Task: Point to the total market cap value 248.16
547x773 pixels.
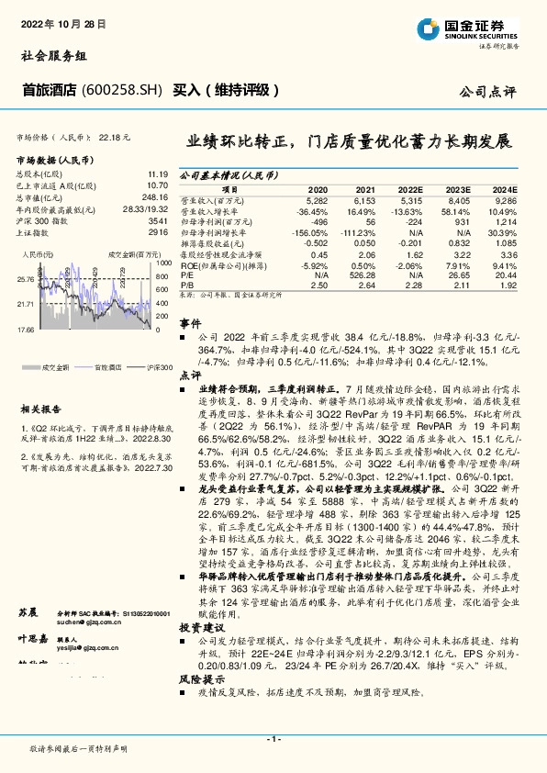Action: tap(152, 196)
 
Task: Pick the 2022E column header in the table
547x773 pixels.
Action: tap(413, 186)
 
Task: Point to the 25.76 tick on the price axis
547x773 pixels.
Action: tap(26, 277)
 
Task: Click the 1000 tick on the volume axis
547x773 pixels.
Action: tap(162, 263)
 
